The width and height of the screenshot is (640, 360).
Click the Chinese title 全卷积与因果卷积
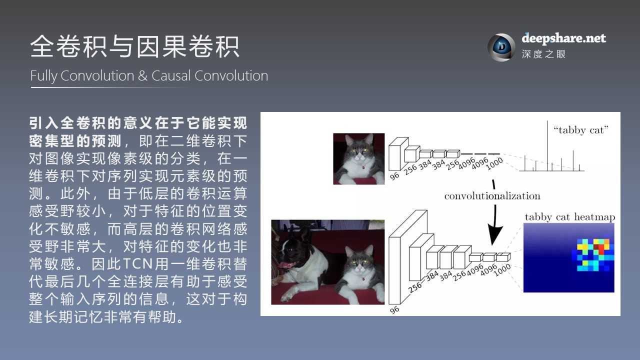(135, 47)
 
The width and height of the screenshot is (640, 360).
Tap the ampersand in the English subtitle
(142, 76)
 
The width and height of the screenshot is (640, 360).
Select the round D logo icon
(501, 47)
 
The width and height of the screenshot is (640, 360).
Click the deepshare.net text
(563, 38)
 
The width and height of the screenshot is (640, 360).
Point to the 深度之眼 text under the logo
(543, 54)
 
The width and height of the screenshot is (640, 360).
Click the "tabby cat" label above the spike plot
(581, 130)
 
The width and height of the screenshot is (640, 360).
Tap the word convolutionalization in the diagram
(492, 195)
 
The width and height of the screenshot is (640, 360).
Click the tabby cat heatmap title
(569, 217)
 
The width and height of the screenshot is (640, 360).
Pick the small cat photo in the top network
(359, 158)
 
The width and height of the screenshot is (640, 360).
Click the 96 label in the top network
(395, 175)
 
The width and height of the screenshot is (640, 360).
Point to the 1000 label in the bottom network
(502, 267)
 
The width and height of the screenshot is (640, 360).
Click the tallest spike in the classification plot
(547, 145)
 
